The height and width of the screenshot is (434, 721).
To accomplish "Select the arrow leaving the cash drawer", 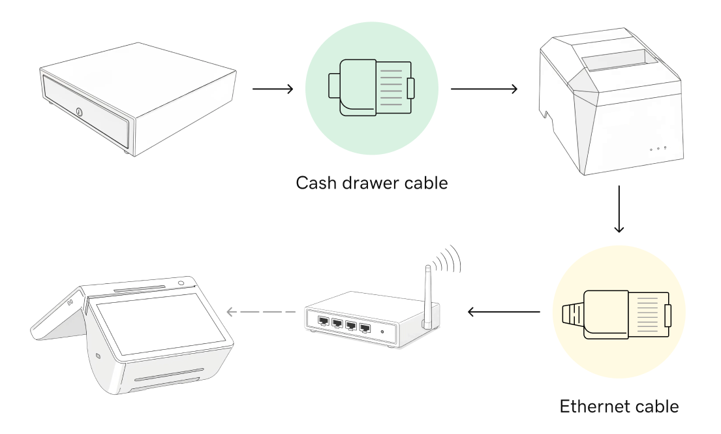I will point(272,89).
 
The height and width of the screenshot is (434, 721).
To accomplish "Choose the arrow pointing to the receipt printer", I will point(483,89).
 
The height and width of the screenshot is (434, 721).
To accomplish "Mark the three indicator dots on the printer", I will point(658,148).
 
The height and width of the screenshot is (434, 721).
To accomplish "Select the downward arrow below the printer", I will point(619,208).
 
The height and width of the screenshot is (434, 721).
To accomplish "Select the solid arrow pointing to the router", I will point(503,311).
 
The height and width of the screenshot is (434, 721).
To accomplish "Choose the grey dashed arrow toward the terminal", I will point(262,312).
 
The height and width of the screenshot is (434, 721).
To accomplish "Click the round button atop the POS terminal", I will point(180,283).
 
